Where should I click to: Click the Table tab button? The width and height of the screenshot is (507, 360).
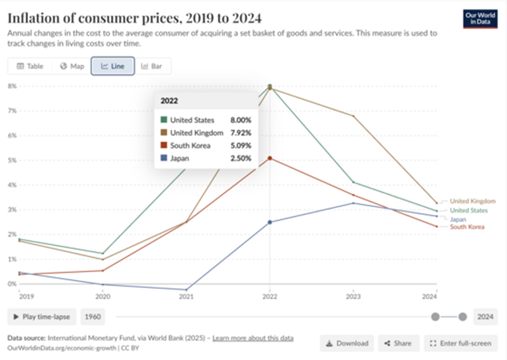(x=30, y=66)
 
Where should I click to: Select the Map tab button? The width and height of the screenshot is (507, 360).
(x=72, y=66)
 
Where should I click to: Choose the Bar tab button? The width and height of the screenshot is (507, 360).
(x=152, y=66)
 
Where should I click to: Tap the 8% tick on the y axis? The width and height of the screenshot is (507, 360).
(x=11, y=86)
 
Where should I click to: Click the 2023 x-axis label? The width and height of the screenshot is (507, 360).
(x=353, y=296)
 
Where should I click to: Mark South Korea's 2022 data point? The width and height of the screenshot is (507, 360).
(x=270, y=158)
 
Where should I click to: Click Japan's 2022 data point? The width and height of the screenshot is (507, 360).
(x=270, y=222)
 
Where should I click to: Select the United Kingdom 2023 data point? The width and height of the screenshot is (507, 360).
(x=353, y=116)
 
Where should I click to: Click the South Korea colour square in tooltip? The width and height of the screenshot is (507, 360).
(x=164, y=145)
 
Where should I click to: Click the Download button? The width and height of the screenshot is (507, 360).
(x=347, y=343)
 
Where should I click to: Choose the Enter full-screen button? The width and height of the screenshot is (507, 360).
(x=460, y=343)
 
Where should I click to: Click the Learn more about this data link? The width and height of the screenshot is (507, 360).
(x=253, y=338)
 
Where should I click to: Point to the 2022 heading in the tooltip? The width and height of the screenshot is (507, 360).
(x=169, y=101)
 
